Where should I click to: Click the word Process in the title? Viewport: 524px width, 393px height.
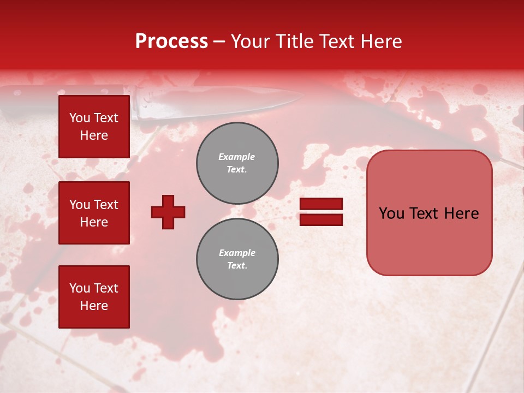coord(171,41)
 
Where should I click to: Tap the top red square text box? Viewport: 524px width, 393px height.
coord(94,127)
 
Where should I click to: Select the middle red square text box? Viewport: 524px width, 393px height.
coord(94,213)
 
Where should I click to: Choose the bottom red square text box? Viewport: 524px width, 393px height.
coord(94,297)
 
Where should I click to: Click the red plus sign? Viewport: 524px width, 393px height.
coord(168,212)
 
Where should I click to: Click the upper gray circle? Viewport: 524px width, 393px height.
coord(237,163)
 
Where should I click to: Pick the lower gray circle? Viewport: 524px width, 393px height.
coord(237,259)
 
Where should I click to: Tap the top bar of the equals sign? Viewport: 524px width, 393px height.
coord(321,204)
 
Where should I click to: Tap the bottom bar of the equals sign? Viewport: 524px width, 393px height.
coord(321,219)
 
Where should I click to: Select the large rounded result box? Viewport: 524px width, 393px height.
coord(429,213)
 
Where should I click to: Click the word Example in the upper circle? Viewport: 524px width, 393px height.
coord(237,157)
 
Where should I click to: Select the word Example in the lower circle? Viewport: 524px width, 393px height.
coord(237,253)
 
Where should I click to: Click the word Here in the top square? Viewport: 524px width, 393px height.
coord(94,135)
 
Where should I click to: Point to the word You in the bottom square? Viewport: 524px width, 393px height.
coord(80,288)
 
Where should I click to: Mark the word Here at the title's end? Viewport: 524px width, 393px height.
coord(382,41)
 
